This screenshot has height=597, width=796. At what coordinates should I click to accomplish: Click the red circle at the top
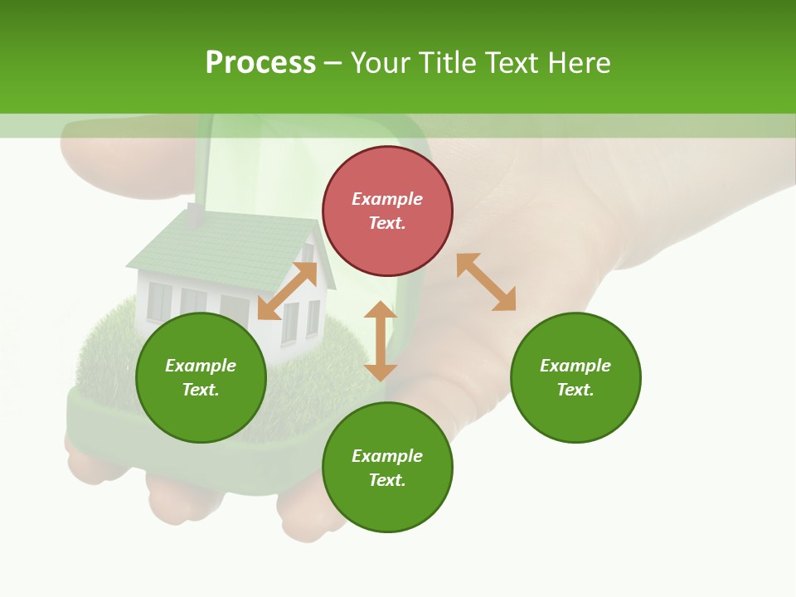387,211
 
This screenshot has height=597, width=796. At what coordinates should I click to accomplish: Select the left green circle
201,377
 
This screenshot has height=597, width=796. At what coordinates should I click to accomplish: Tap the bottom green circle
387,468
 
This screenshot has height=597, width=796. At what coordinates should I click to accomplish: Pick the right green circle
575,377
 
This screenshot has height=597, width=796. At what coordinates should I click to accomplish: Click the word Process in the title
260,63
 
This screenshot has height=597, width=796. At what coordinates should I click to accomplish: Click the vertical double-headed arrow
381,341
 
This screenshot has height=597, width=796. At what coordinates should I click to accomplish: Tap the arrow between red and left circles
287,291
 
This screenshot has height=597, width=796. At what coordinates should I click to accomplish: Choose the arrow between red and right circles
486,282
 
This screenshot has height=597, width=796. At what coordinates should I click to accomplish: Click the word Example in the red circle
387,199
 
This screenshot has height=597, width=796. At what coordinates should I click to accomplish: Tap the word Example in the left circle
201,366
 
